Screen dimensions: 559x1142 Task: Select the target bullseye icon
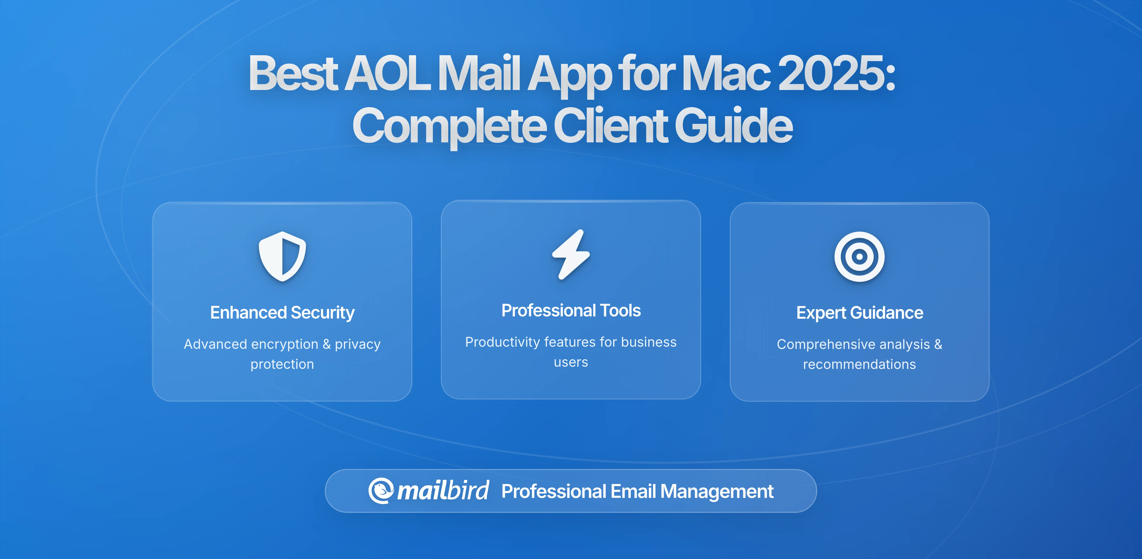(x=859, y=256)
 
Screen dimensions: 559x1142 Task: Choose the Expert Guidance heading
(x=859, y=313)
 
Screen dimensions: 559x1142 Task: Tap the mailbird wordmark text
(x=443, y=491)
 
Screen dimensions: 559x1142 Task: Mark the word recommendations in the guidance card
(x=859, y=364)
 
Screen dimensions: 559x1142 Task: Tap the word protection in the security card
(x=282, y=364)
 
